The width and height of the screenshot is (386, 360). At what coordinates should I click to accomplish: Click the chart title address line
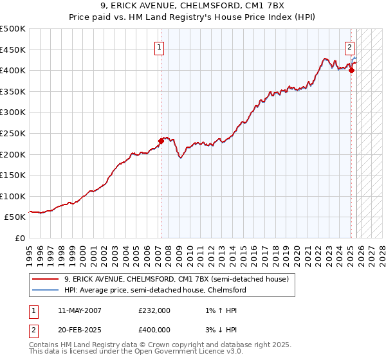pos(192,7)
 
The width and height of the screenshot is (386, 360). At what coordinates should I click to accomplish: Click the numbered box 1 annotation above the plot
pos(159,46)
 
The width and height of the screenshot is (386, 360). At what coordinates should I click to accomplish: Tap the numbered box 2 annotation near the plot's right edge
pos(349,46)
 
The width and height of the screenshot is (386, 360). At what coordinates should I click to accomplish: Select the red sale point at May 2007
pos(161,141)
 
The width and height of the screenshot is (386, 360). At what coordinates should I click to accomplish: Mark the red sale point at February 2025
pos(351,71)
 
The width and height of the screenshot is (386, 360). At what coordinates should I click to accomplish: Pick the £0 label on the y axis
pos(21,238)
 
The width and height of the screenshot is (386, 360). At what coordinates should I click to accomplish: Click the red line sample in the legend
pos(46,280)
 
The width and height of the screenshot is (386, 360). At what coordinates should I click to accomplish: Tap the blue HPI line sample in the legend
pos(46,290)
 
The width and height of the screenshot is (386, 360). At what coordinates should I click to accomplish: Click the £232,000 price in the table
pos(154,310)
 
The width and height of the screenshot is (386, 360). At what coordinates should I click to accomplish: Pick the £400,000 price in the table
pos(154,329)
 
